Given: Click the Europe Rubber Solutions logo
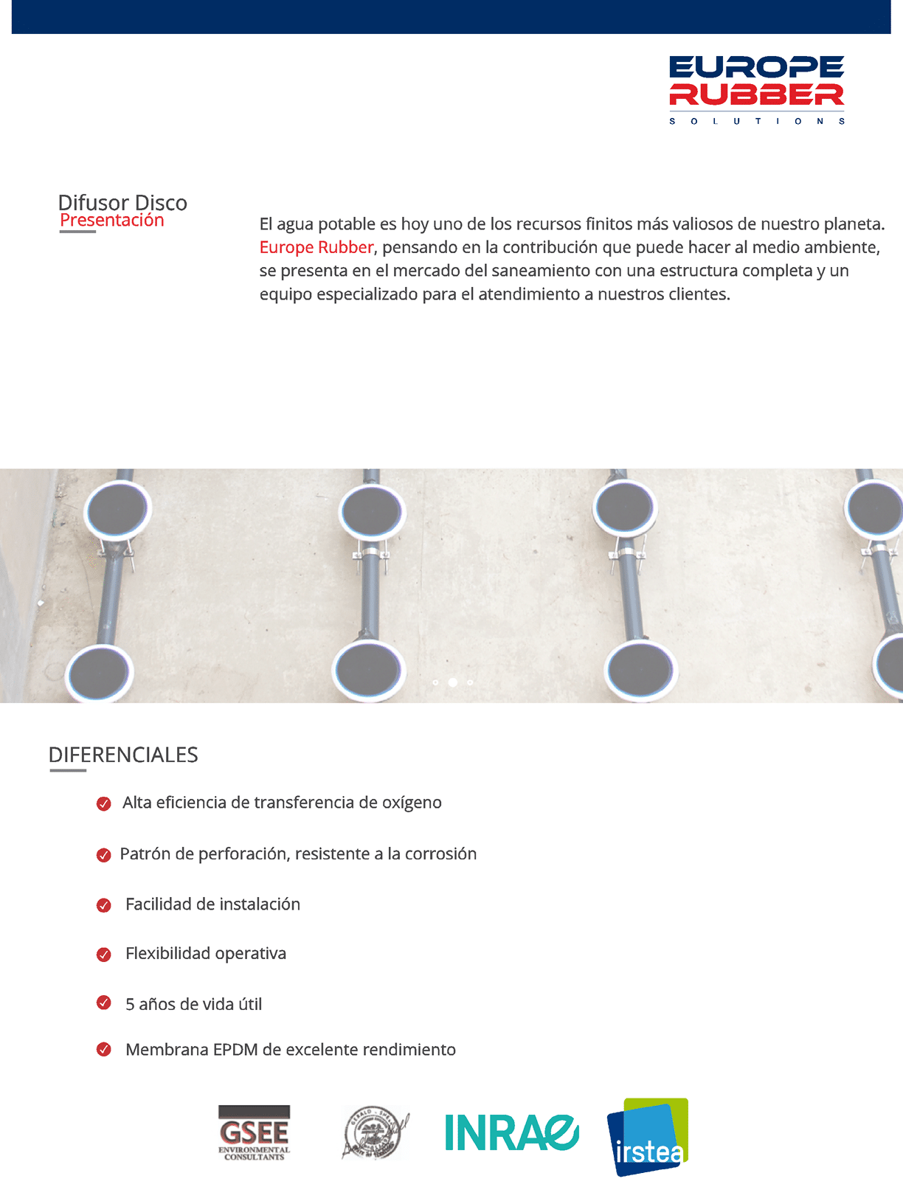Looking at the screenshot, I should (x=756, y=89).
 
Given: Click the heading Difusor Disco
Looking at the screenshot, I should (x=122, y=202).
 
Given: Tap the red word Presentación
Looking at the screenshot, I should (x=112, y=220).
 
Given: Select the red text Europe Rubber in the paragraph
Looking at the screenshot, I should (x=316, y=247).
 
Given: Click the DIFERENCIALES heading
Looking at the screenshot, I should (x=123, y=755).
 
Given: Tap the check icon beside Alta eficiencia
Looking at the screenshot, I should (x=104, y=803).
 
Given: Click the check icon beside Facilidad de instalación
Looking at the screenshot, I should (x=104, y=905).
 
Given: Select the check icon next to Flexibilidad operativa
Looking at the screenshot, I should (x=104, y=955).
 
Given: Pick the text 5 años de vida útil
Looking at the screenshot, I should (x=193, y=1004).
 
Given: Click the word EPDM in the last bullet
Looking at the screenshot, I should (x=235, y=1050).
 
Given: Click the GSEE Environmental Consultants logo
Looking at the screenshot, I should (x=254, y=1132).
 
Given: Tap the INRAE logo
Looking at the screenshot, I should (x=511, y=1132).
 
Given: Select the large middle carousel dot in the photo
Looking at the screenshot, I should (x=453, y=682).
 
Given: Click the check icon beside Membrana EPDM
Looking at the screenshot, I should (x=104, y=1050).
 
